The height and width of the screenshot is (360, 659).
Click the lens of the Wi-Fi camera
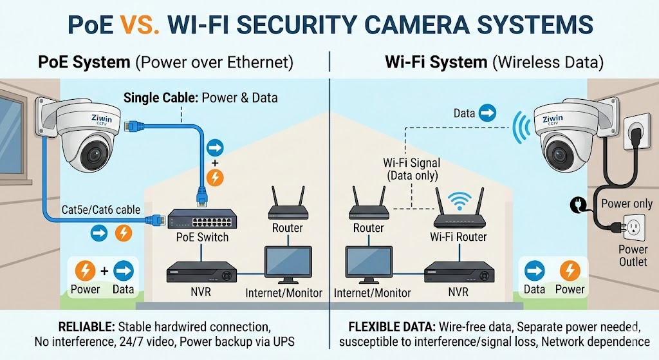coord(557,152)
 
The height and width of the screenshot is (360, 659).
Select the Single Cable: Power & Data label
coord(200,98)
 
